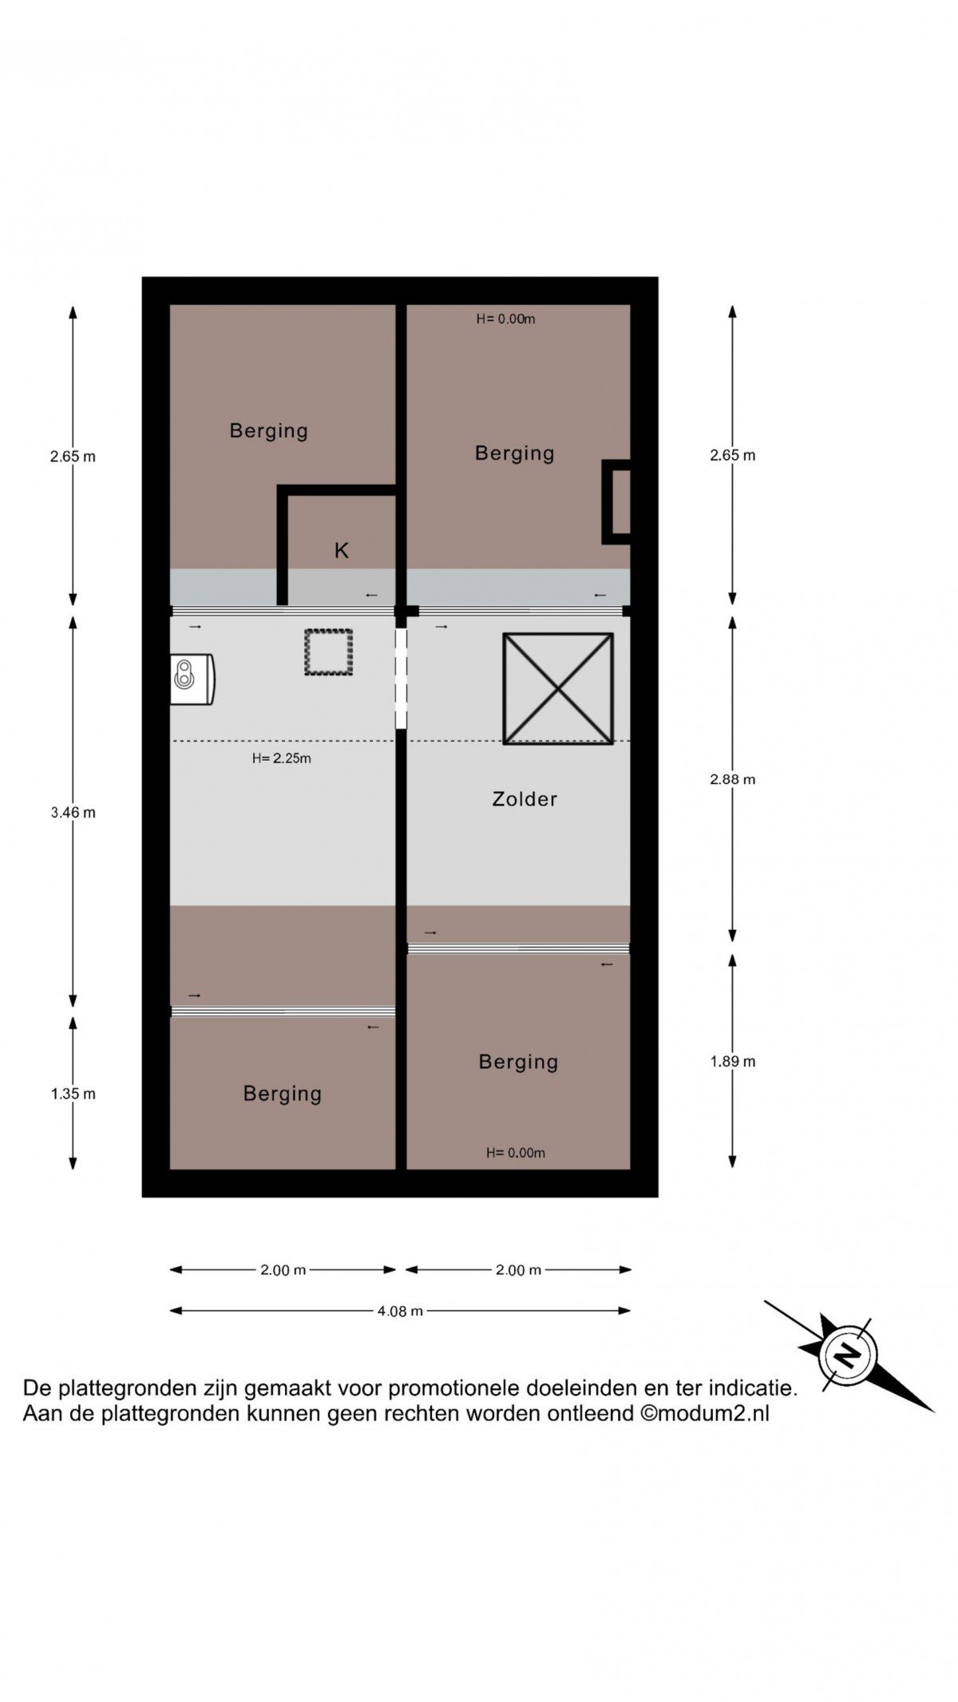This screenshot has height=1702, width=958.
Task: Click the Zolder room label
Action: click(525, 799)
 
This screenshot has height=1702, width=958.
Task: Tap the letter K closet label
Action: click(342, 550)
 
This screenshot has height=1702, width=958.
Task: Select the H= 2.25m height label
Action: click(282, 758)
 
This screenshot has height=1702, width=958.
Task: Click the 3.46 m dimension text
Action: click(73, 813)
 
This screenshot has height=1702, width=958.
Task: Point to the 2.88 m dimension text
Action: click(732, 779)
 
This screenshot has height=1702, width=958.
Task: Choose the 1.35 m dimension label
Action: click(73, 1094)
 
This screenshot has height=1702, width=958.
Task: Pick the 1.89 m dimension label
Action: click(732, 1061)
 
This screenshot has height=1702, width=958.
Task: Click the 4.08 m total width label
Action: click(400, 1310)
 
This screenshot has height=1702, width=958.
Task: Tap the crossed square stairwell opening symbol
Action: click(558, 689)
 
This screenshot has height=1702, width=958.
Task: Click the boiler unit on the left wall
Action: click(192, 679)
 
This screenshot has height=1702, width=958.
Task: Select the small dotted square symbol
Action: click(328, 652)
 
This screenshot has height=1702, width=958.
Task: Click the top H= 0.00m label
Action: click(505, 319)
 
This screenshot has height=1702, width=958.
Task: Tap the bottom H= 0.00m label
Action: click(516, 1153)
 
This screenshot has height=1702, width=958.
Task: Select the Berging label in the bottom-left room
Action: click(283, 1094)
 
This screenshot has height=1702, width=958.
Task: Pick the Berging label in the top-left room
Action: click(269, 431)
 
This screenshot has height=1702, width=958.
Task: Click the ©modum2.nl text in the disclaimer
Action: click(705, 1413)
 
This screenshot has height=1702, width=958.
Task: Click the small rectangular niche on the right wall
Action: click(616, 502)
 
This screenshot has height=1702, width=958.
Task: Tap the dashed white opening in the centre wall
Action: click(401, 679)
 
